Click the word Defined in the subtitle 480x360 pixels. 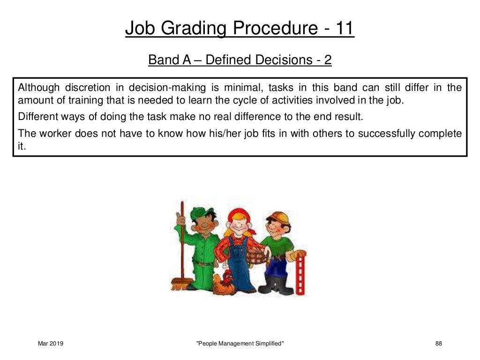click(229, 60)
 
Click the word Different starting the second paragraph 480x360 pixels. click(36, 117)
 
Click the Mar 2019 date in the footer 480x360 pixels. click(51, 344)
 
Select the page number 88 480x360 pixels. click(439, 344)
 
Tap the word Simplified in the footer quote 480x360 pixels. click(267, 344)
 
